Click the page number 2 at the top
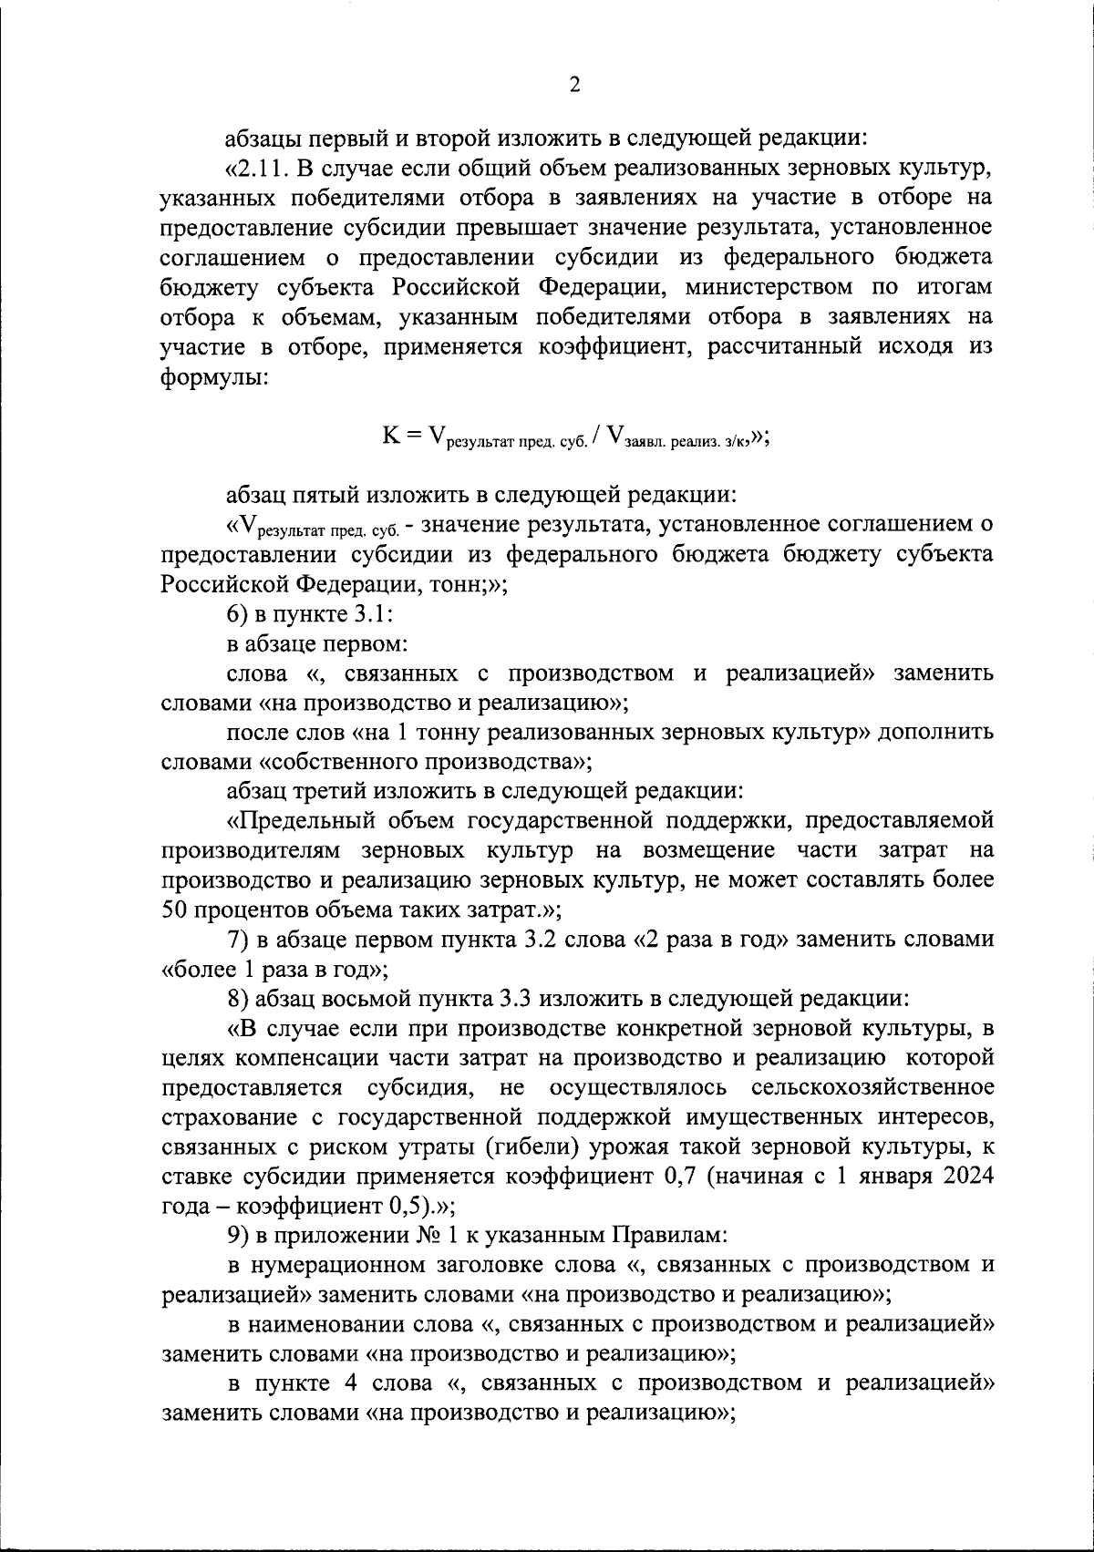(x=573, y=85)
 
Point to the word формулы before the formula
(x=214, y=376)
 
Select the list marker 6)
(x=241, y=614)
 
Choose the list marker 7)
(x=241, y=940)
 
